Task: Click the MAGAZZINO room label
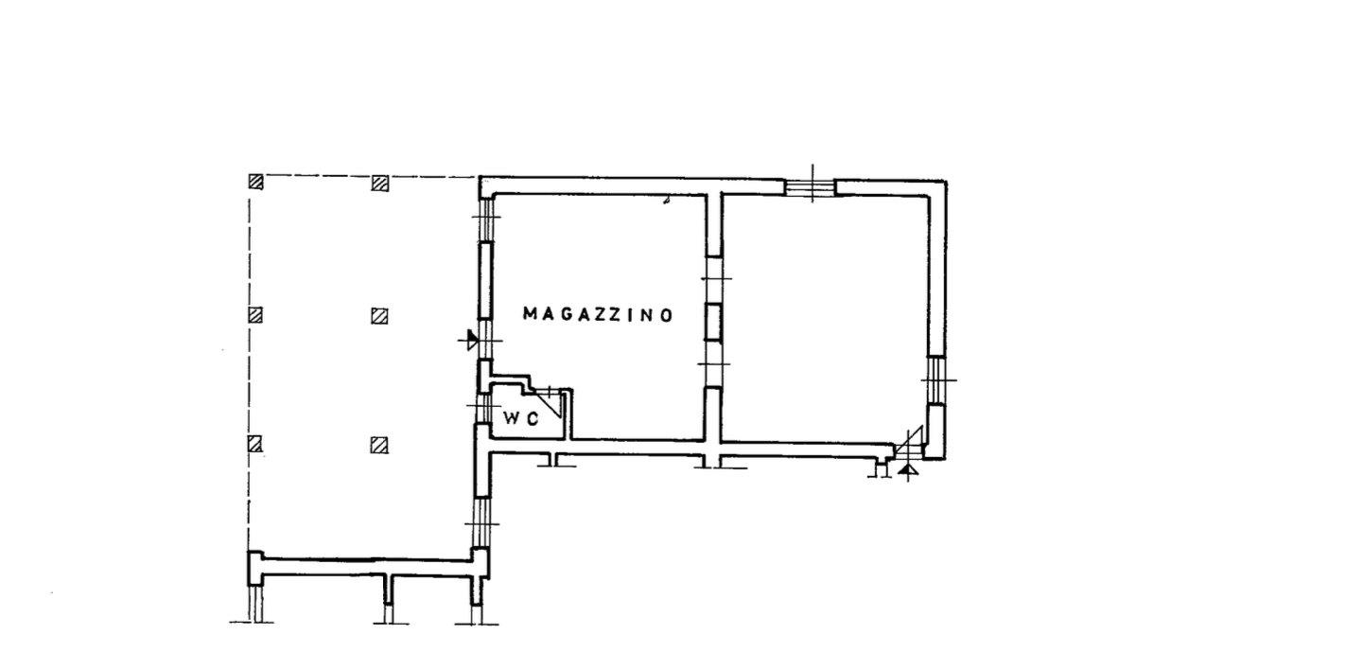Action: pos(598,314)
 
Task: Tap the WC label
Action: pos(521,419)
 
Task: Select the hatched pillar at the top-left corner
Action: pos(256,182)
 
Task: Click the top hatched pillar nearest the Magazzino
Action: pos(379,183)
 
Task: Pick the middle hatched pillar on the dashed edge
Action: pos(255,314)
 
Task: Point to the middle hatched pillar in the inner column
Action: pos(378,316)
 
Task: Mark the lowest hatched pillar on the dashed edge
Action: pos(255,444)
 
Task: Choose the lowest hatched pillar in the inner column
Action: pos(378,445)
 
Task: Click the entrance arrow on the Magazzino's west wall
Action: pos(472,341)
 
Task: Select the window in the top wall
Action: pos(811,187)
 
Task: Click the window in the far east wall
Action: pos(936,379)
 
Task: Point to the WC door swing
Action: pos(548,401)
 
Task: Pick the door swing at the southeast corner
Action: pos(908,442)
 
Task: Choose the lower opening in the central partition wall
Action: pos(713,364)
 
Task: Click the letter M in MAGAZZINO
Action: pos(531,314)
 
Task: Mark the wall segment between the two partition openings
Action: pos(713,323)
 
